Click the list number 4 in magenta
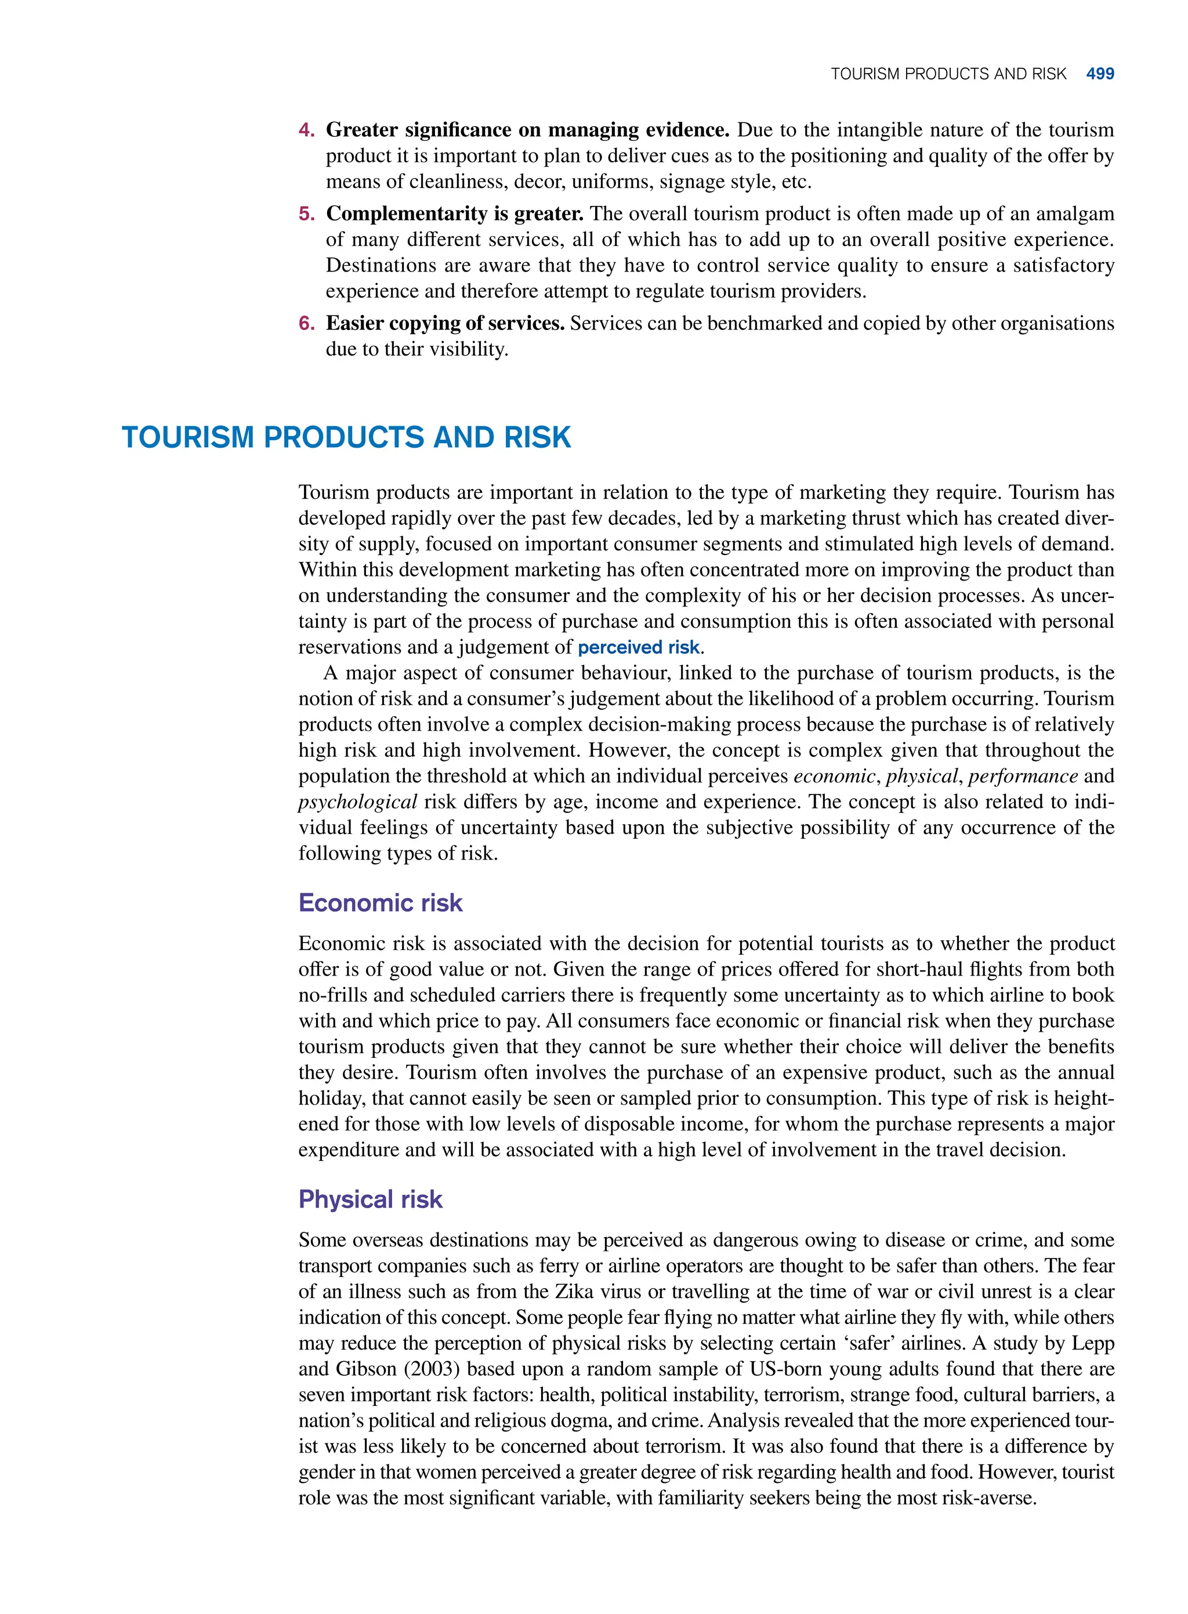306,130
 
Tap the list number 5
306,214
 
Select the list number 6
306,324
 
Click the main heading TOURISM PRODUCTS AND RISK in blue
346,437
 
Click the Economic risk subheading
380,902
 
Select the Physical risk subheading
370,1199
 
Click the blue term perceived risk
638,647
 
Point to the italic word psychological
357,801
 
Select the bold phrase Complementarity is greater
454,213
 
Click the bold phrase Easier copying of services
444,323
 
